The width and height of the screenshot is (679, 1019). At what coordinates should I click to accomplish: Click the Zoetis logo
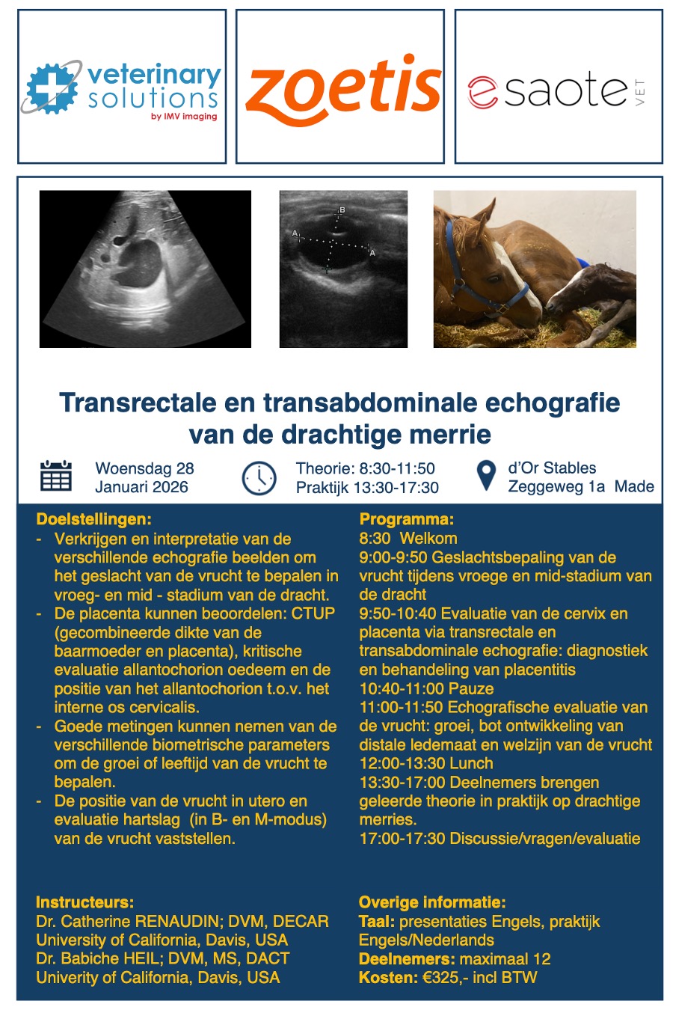[342, 89]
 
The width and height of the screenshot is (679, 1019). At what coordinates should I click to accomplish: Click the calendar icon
[55, 476]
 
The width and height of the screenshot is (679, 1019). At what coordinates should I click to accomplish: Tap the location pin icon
[486, 476]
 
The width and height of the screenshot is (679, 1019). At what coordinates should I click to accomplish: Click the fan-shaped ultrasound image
[145, 269]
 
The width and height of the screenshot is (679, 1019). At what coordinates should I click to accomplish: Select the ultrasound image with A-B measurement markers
[343, 269]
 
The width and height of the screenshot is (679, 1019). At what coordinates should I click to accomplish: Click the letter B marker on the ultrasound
[342, 210]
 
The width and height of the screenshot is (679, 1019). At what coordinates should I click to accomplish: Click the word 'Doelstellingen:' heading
[93, 519]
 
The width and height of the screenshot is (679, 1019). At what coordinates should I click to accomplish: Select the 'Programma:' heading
[406, 519]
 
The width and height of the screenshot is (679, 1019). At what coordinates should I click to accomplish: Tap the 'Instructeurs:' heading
[85, 902]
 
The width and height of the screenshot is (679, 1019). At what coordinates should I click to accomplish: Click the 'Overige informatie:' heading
[432, 902]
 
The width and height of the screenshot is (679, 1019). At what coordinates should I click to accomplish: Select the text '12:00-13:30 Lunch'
[425, 764]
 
